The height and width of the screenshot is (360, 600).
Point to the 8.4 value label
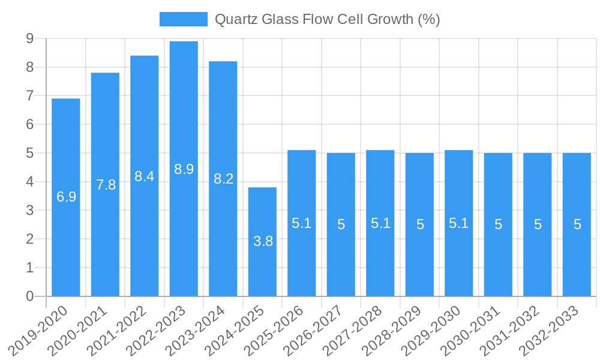tap(145, 176)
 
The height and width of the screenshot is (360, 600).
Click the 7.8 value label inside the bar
tap(106, 185)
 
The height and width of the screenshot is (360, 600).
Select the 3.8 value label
tap(263, 241)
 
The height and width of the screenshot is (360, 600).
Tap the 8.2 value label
tap(223, 179)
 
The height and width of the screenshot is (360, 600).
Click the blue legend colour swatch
tap(183, 19)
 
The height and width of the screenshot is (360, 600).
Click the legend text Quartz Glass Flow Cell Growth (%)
tap(327, 19)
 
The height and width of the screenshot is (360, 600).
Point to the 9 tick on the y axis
tap(29, 39)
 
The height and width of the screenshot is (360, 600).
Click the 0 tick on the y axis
tap(29, 296)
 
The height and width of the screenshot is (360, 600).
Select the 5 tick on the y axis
tap(29, 153)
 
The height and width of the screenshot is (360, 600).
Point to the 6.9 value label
tap(66, 197)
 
